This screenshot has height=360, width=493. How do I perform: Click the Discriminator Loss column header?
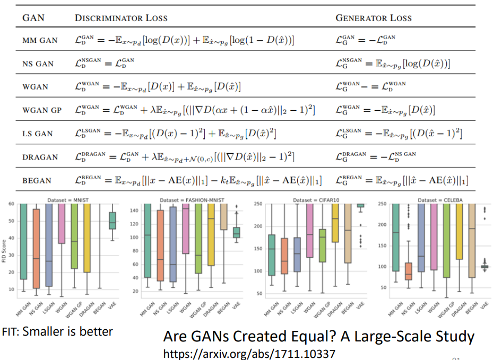[x=121, y=18]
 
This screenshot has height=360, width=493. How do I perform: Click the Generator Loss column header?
[x=374, y=18]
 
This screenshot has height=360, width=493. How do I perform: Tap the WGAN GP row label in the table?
[x=42, y=110]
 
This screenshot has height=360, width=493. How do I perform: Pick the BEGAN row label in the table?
[x=37, y=180]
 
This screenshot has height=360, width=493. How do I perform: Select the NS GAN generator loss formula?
[x=393, y=64]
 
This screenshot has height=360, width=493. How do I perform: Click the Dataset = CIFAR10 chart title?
[x=302, y=199]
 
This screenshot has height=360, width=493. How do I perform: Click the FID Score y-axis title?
[x=4, y=249]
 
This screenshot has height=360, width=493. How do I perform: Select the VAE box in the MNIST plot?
[x=112, y=221]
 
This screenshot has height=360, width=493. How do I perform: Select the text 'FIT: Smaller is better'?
[x=57, y=332]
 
